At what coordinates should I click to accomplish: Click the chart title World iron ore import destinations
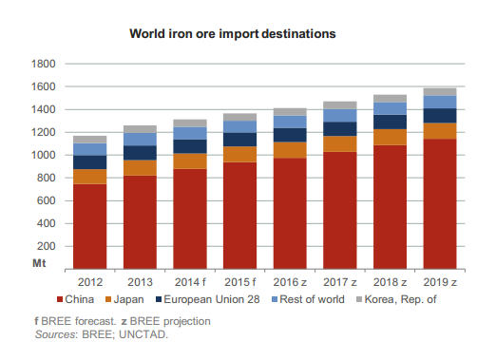(x=248, y=34)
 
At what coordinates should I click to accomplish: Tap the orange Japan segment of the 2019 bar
(x=440, y=131)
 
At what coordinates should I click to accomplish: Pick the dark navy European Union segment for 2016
(x=290, y=135)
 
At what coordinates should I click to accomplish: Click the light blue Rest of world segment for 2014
(x=190, y=133)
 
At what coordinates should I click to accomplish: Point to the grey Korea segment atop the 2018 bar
(x=390, y=98)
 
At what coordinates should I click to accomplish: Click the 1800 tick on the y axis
(x=45, y=64)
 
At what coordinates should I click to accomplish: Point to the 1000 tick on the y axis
(x=45, y=155)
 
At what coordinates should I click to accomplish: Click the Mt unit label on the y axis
(x=40, y=262)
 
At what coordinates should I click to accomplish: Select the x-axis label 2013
(x=140, y=282)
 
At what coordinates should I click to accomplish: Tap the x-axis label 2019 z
(x=440, y=282)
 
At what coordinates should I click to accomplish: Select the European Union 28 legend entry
(x=221, y=300)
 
